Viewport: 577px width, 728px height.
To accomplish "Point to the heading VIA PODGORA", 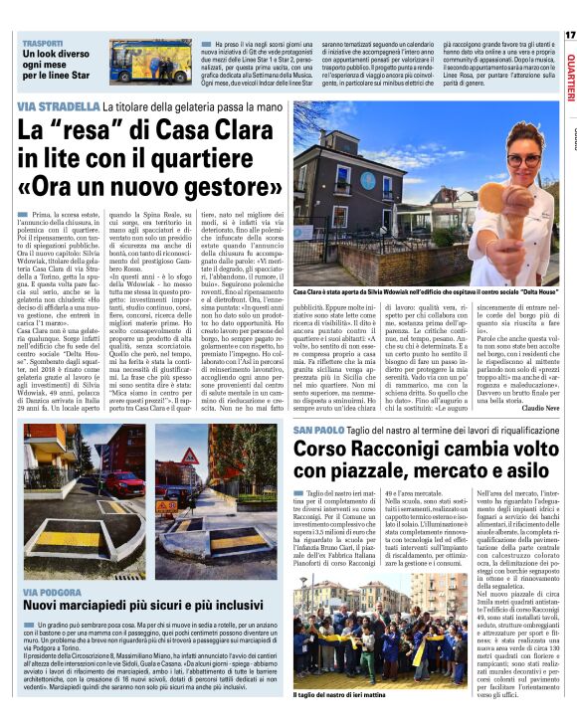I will pos(56,592).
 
